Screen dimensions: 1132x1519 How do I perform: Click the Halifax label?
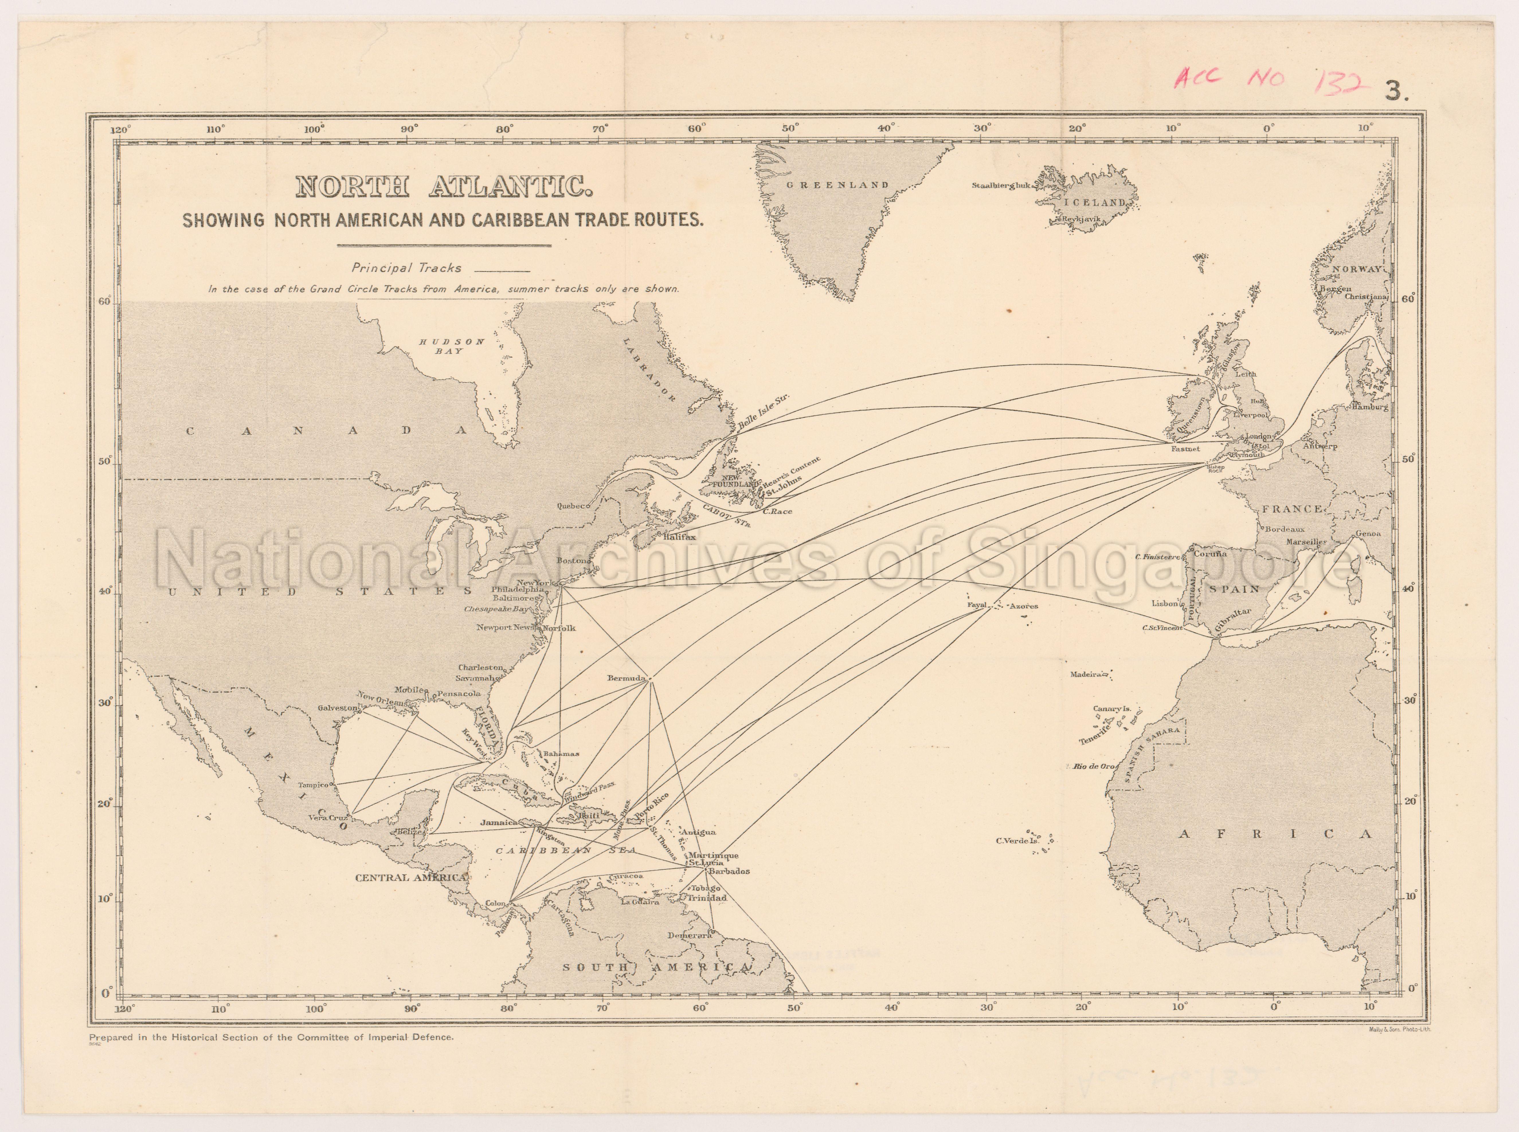coord(679,537)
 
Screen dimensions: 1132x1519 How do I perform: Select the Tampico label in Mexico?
coord(312,785)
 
